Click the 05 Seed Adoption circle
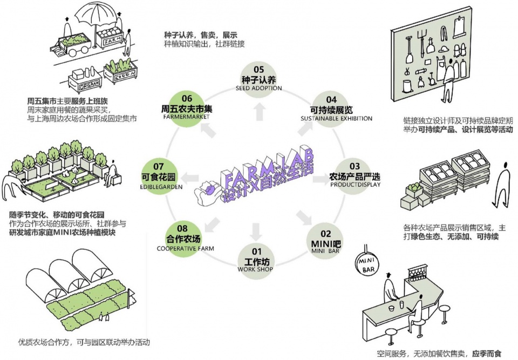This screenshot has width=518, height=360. coord(258,78)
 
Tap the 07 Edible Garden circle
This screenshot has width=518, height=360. coord(159,175)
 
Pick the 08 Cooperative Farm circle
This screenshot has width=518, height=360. coord(182,237)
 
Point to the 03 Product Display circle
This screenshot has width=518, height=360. coord(354,175)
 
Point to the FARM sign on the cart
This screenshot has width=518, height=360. coord(113,42)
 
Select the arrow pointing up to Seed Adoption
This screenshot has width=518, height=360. coord(260,111)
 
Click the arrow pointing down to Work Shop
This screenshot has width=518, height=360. coord(256,232)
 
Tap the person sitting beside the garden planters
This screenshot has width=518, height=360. coord(112,174)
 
